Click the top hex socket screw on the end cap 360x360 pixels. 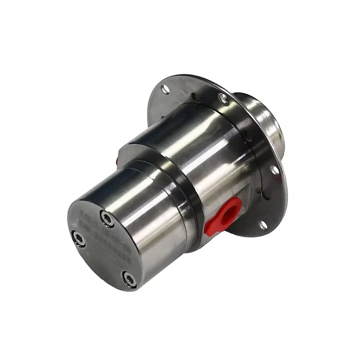pyautogui.click(x=107, y=218)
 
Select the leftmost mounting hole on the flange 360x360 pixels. pyautogui.click(x=166, y=89)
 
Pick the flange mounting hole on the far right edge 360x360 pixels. pyautogui.click(x=274, y=170)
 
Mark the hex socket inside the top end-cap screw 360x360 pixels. pyautogui.click(x=107, y=218)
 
